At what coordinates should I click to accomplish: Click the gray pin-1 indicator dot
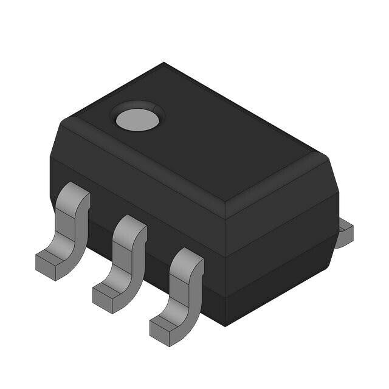click(x=137, y=120)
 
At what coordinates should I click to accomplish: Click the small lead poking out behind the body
click(x=344, y=234)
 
